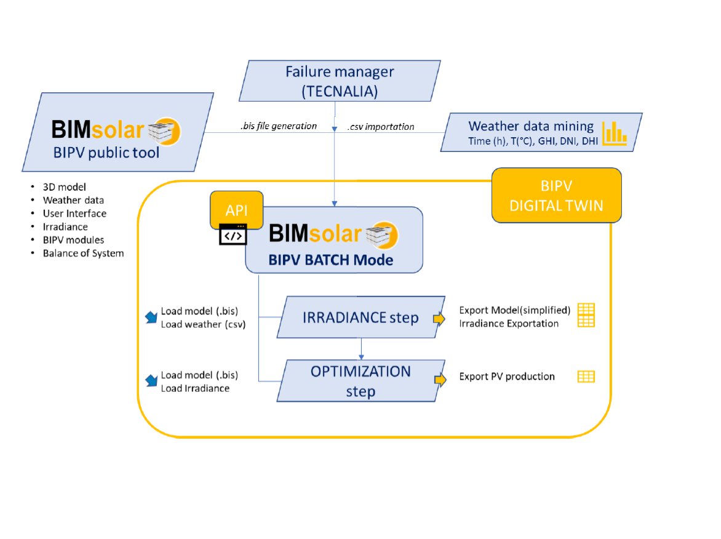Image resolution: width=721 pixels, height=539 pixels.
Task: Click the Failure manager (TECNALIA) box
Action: click(x=340, y=81)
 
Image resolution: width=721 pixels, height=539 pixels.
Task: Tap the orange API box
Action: click(x=237, y=209)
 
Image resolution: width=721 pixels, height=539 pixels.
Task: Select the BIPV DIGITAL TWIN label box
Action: click(x=556, y=195)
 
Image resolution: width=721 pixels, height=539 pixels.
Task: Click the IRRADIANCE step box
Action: click(x=360, y=317)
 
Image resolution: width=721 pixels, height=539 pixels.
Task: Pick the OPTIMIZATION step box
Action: click(x=360, y=381)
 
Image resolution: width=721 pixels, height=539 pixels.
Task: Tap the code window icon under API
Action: click(x=233, y=235)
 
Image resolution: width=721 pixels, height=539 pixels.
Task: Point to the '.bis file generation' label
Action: click(x=278, y=126)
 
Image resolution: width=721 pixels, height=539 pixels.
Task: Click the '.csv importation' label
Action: click(x=381, y=127)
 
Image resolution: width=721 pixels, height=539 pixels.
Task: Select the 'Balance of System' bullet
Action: click(x=83, y=253)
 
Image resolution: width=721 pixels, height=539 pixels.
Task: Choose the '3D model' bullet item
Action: click(x=65, y=186)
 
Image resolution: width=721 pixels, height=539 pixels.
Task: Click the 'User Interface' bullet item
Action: click(x=74, y=214)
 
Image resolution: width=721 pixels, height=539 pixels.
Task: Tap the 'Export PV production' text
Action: click(x=507, y=377)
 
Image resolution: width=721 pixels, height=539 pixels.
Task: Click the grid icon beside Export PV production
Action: click(x=586, y=377)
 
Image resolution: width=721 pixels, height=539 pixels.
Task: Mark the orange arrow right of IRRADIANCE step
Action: click(x=439, y=318)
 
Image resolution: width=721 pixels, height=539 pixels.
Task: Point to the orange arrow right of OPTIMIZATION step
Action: click(x=440, y=380)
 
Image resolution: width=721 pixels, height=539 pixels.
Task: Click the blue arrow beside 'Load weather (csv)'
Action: click(x=150, y=317)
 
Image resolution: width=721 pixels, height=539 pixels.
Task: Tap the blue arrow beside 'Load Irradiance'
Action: click(x=150, y=381)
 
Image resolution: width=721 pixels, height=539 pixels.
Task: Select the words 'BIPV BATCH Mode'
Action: click(x=330, y=260)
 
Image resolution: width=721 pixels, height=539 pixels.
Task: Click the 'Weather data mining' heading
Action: click(x=531, y=126)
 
